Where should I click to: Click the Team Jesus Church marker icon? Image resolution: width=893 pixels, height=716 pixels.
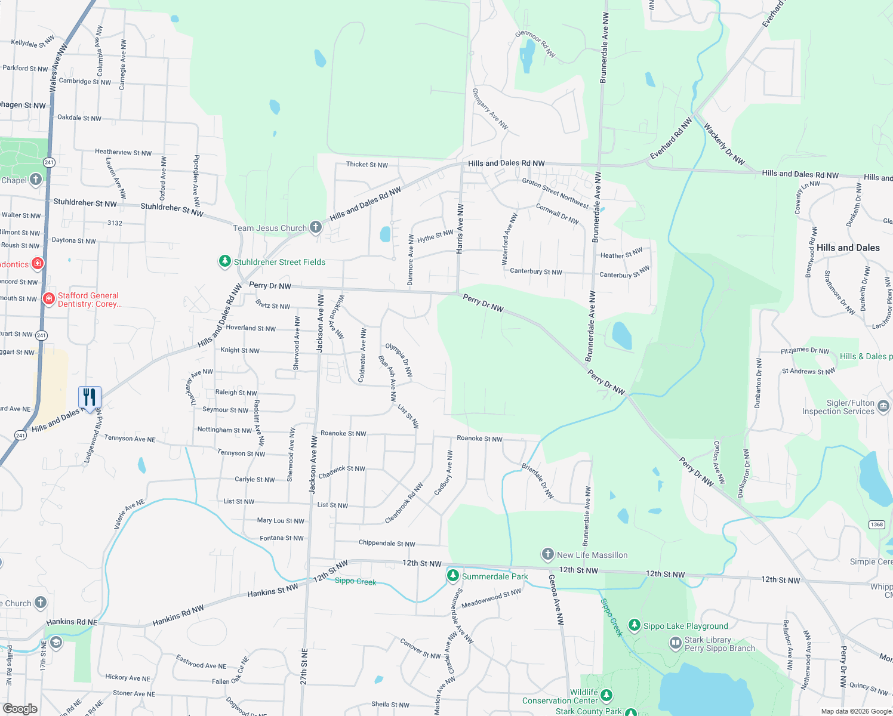[316, 227]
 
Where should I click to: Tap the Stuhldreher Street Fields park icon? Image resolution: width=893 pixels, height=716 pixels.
[224, 261]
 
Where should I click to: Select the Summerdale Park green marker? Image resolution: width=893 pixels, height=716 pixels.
[453, 576]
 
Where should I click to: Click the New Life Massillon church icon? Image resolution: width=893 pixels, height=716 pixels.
[547, 554]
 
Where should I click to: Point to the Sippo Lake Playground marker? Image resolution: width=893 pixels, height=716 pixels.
[634, 625]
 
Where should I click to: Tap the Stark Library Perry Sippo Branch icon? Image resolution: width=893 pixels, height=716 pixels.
[675, 643]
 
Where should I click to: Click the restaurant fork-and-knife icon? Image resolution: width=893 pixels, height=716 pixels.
[90, 397]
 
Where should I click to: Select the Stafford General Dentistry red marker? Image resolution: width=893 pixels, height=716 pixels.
[49, 298]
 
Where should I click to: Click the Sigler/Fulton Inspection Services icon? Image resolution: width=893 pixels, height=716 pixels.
[883, 407]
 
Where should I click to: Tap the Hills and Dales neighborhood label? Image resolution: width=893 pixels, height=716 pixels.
[848, 248]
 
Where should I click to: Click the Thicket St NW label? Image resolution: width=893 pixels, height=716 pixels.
[367, 165]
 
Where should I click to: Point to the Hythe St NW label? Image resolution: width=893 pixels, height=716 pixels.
[435, 236]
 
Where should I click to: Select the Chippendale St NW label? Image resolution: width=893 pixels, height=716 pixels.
[386, 544]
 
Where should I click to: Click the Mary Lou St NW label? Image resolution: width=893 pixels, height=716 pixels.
[281, 521]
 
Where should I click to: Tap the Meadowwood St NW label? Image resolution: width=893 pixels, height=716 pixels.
[491, 598]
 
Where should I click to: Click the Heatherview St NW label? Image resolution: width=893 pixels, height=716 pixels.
[123, 152]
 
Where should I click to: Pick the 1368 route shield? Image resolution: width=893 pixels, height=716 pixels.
[876, 524]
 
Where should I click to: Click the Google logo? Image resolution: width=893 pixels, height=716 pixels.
[20, 708]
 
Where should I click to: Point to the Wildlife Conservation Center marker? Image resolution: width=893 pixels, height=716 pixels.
[606, 695]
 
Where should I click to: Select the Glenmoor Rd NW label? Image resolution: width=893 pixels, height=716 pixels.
[535, 44]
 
